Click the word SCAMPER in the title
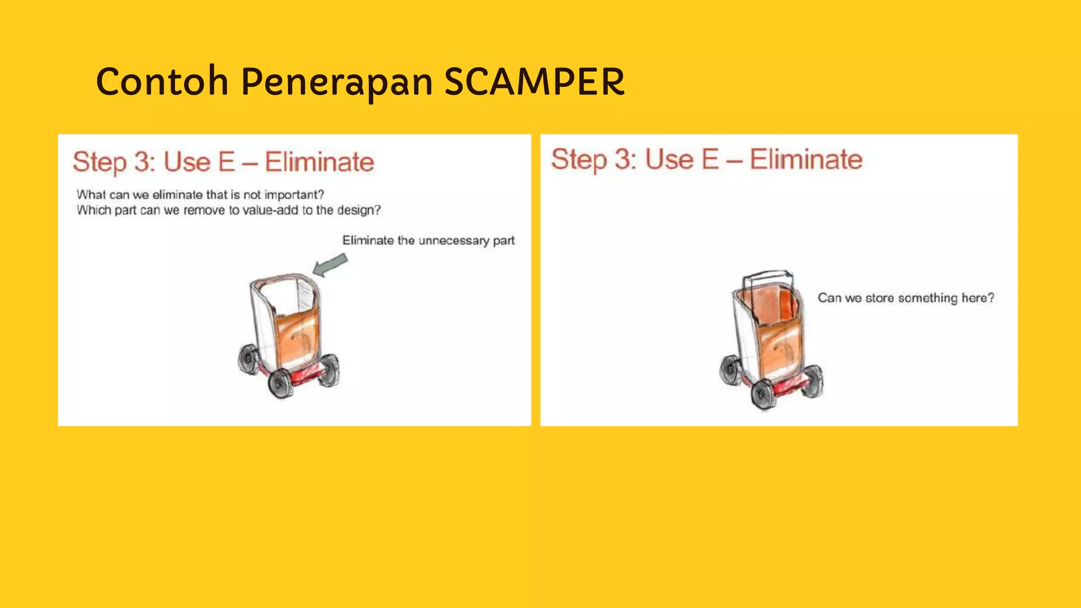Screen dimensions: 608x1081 534,82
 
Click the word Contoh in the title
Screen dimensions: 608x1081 162,82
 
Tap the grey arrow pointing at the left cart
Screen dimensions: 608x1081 330,264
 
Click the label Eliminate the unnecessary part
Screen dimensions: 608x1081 428,241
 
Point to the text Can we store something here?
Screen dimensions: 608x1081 906,298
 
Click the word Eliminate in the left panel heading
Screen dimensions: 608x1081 319,162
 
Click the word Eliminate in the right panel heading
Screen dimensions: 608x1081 806,159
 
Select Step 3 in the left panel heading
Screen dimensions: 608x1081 113,162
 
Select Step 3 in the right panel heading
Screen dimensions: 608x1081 594,159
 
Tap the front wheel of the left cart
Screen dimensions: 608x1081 281,384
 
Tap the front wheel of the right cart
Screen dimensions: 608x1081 763,395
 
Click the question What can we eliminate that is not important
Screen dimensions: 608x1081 200,195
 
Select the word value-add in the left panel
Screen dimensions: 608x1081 270,211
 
